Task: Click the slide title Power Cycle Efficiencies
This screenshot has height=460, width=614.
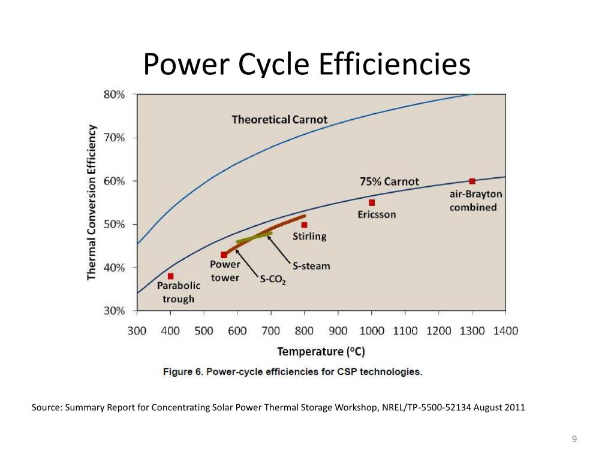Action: [x=307, y=64]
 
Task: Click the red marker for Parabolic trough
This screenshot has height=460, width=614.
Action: [x=171, y=276]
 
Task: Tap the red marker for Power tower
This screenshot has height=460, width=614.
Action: [x=224, y=255]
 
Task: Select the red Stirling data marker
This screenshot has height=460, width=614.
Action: [x=305, y=225]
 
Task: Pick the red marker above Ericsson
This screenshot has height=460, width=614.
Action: [x=372, y=202]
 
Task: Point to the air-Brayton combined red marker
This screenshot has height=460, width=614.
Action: [x=472, y=181]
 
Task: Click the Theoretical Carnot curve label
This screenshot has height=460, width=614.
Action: [x=279, y=119]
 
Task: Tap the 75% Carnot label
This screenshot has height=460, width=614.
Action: [x=389, y=181]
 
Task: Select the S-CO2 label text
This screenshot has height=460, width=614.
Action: [x=273, y=279]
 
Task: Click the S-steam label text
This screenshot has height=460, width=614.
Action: [x=311, y=265]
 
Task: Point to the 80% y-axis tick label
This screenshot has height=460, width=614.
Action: [x=113, y=94]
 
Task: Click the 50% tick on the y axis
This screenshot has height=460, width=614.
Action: [x=113, y=224]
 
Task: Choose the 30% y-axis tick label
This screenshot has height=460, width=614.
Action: [x=113, y=311]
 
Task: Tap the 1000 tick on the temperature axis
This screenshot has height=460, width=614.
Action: [x=372, y=331]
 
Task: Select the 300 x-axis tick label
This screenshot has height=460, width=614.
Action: [x=137, y=331]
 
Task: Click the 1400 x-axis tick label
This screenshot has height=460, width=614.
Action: [x=505, y=331]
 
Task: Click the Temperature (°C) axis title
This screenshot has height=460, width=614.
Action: [x=321, y=351]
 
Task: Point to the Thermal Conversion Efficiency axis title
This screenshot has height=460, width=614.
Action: [x=92, y=202]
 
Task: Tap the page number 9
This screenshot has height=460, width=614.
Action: [x=574, y=440]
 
